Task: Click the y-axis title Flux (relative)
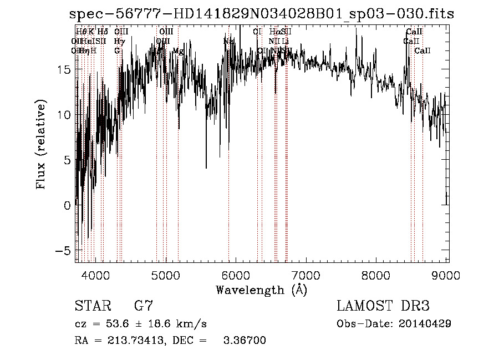[41, 145]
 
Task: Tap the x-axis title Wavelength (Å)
[261, 290]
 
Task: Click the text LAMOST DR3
[383, 306]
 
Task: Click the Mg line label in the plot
[178, 51]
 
